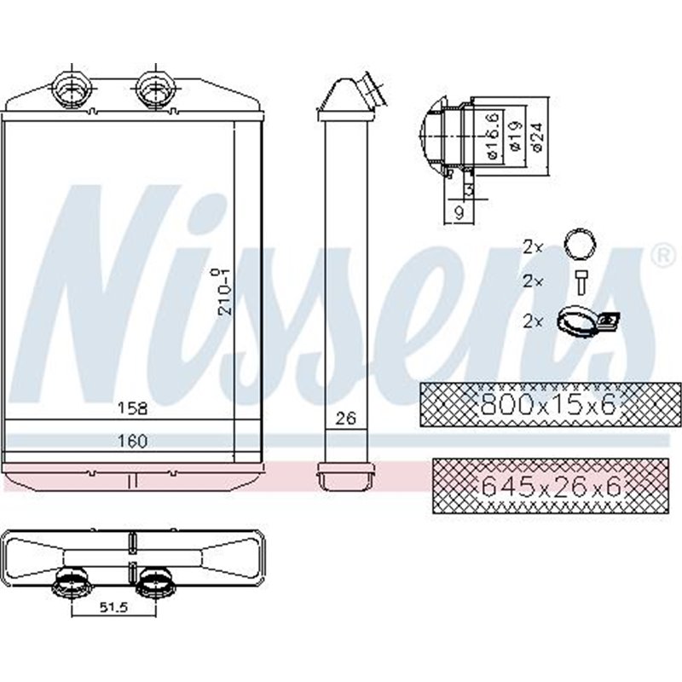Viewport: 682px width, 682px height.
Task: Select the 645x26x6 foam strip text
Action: point(550,488)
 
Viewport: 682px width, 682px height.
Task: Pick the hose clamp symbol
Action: point(587,320)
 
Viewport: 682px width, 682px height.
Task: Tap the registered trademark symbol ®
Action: point(659,253)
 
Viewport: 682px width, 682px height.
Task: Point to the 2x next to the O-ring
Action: point(533,246)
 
